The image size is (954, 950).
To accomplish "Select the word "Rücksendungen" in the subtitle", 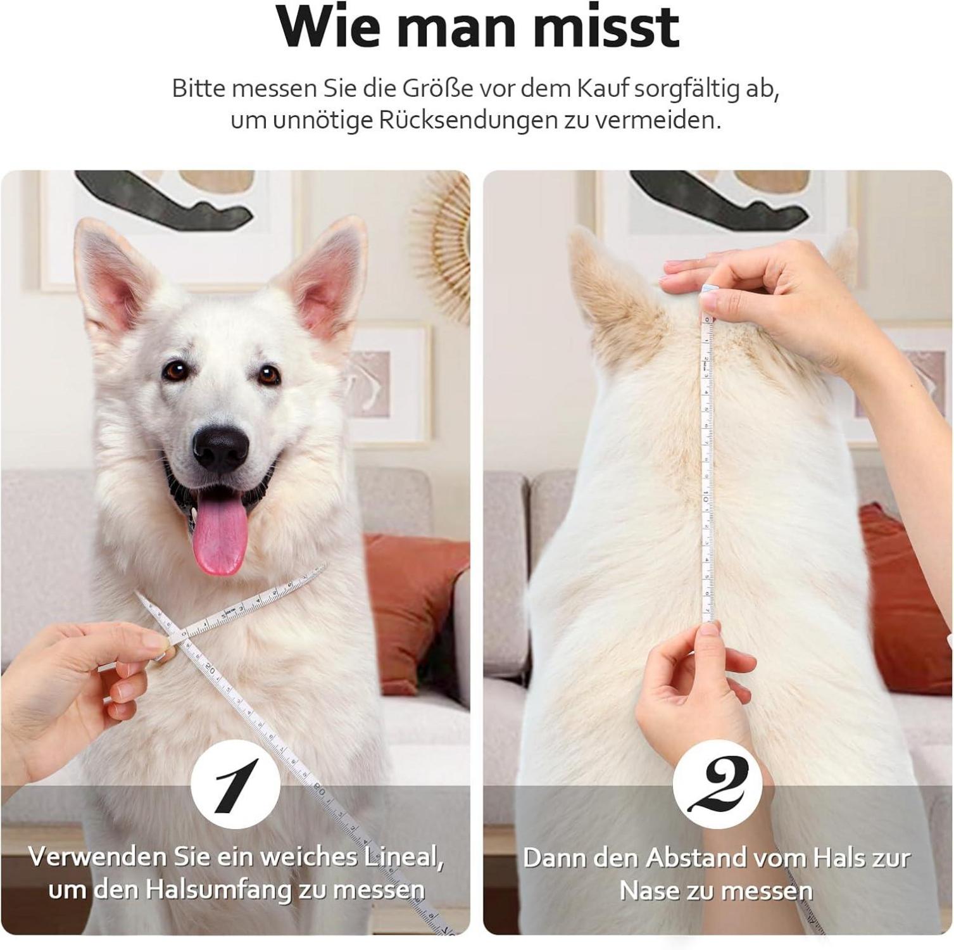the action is (x=468, y=120).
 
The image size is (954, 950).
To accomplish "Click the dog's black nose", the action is (x=220, y=446).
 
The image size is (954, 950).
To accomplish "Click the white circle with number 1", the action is (x=235, y=785).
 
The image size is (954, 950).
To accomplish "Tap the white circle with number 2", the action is (x=718, y=785).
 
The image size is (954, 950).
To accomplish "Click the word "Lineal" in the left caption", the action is (x=403, y=858).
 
